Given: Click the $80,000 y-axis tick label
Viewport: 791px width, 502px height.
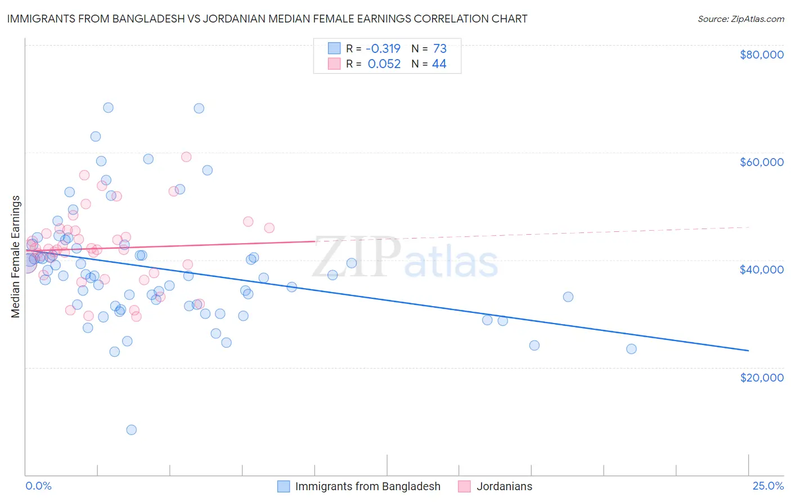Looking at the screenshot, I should coord(761,55).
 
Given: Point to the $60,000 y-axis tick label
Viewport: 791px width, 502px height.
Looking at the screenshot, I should coord(761,162).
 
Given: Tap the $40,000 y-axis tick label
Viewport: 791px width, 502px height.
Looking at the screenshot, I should coord(761,270).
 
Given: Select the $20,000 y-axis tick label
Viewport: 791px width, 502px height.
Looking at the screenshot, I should coord(761,377).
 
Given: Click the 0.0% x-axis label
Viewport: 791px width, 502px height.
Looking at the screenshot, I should coord(38,486).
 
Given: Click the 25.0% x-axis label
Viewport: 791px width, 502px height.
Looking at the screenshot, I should coord(768,486).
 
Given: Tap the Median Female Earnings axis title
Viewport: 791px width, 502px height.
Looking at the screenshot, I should coord(16,257).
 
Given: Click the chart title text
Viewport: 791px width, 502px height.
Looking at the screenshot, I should coord(267,19).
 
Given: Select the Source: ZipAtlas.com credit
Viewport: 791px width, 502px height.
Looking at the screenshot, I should coord(740,19).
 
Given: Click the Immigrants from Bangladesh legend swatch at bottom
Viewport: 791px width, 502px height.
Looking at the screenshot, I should coord(284,486).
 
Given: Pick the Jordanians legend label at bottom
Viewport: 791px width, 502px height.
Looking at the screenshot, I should coord(504,486).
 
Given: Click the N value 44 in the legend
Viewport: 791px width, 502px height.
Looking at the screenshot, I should coord(439,64).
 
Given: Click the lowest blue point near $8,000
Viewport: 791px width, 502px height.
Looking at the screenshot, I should coord(131,430).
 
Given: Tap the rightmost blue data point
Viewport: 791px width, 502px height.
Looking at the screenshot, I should coord(631,349).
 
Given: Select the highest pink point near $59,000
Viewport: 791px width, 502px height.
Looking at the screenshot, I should coord(186,157).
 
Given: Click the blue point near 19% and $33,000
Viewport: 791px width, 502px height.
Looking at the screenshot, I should coord(568,297).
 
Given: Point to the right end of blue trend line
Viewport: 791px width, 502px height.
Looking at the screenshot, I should coord(748,351).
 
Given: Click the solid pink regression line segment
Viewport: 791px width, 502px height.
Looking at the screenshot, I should coord(169,245).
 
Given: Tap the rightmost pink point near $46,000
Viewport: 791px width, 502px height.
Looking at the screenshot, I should coord(269,228).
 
